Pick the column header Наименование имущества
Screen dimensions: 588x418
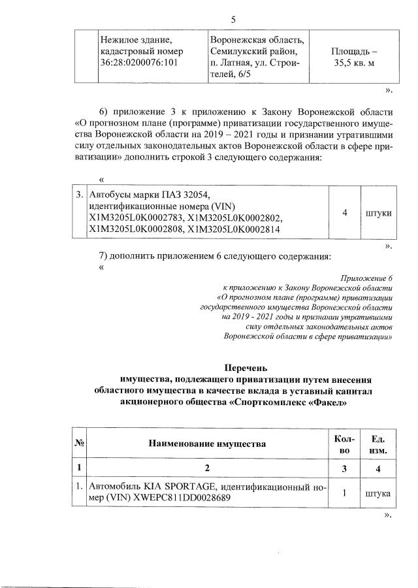pyautogui.click(x=207, y=444)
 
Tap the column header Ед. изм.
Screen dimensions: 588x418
pyautogui.click(x=378, y=444)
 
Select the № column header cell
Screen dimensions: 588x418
pyautogui.click(x=81, y=444)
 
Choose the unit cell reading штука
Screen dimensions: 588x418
pyautogui.click(x=378, y=493)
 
